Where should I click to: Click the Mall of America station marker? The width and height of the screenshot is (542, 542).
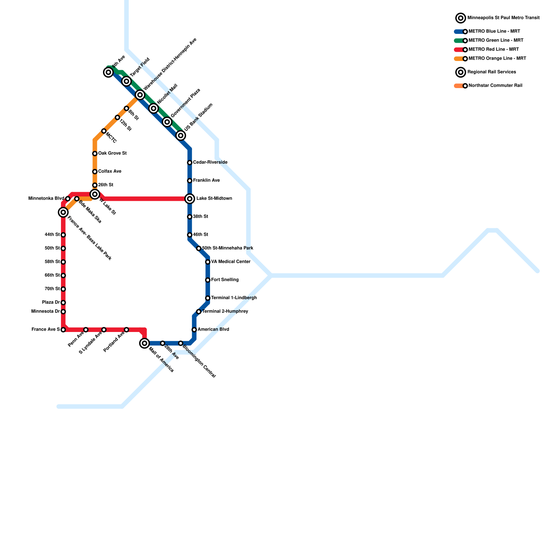(145, 343)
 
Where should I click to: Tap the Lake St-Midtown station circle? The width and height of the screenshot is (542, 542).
(190, 199)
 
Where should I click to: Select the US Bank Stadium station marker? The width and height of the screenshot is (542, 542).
(181, 135)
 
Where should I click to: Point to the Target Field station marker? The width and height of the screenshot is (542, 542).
(127, 81)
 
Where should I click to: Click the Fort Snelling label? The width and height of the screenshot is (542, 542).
(225, 280)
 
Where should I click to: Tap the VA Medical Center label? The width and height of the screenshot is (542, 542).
(231, 262)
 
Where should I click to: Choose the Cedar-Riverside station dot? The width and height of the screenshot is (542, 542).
(190, 163)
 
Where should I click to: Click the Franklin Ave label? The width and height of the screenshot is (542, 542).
(206, 181)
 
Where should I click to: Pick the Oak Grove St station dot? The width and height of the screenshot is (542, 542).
(95, 153)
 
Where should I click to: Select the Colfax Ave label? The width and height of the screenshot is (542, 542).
(110, 171)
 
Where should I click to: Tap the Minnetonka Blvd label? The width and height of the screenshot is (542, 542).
(46, 198)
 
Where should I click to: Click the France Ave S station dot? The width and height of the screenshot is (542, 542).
(63, 330)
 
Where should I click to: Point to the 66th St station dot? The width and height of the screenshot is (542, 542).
(63, 275)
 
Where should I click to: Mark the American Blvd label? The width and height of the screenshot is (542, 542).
(213, 329)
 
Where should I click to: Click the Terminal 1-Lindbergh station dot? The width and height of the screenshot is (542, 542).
(208, 298)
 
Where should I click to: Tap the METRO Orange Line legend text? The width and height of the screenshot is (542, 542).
(497, 58)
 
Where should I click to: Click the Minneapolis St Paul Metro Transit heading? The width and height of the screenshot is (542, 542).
(503, 18)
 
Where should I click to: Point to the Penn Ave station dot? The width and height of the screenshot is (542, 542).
(86, 330)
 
